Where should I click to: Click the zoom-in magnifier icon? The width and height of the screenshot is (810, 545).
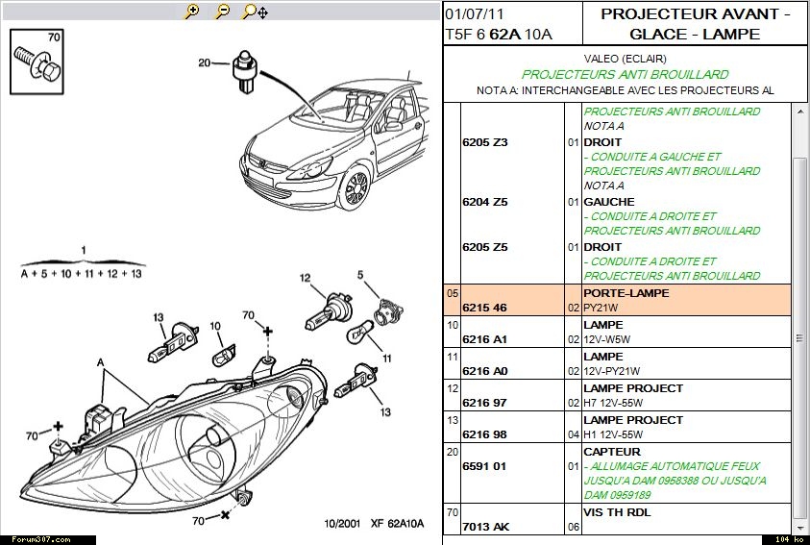tap(192, 12)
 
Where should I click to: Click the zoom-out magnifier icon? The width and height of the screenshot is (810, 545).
tap(222, 12)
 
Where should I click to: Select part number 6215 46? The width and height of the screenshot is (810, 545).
tap(484, 308)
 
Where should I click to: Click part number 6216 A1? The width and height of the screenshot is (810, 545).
tap(484, 339)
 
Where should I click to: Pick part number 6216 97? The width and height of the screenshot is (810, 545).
tap(484, 403)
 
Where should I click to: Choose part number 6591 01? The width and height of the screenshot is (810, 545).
tap(484, 466)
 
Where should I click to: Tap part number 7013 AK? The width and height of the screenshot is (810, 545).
tap(485, 528)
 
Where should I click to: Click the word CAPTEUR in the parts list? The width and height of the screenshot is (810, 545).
tap(612, 452)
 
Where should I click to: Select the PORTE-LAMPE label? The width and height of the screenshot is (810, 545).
tap(626, 293)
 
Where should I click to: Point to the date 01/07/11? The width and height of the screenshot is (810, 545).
tap(475, 14)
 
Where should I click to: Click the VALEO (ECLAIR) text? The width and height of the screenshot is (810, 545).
tap(626, 59)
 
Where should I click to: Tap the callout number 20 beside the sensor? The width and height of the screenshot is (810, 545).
tap(204, 62)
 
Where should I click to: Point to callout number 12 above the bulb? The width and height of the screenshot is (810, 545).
tap(305, 279)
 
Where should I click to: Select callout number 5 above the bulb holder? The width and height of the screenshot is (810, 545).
tap(361, 275)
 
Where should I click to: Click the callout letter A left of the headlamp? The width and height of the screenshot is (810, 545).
tap(100, 362)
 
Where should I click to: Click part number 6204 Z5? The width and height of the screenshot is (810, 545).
tap(484, 202)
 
